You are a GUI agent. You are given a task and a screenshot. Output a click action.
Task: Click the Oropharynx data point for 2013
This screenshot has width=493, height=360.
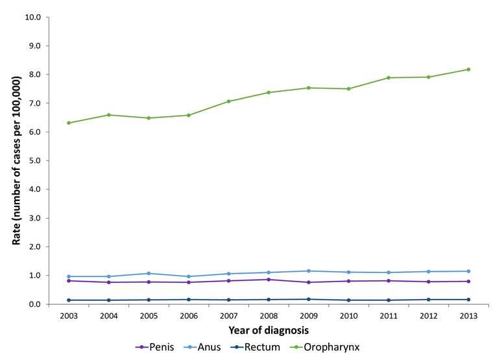tap(468, 69)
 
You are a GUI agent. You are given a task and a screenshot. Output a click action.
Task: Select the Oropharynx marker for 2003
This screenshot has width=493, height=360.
tap(69, 123)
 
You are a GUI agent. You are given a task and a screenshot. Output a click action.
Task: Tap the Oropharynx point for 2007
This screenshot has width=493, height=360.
tap(228, 101)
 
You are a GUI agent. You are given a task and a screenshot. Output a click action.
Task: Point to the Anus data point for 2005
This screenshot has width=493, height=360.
tap(149, 273)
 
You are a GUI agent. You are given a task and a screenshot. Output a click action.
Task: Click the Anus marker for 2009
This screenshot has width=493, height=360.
tap(309, 270)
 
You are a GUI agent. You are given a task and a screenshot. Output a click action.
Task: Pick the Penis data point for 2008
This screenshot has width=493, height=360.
tap(269, 280)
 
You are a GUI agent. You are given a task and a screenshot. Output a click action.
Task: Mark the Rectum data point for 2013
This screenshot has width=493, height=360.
tap(468, 299)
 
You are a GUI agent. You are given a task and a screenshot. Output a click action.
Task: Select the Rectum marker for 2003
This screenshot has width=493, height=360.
tap(69, 300)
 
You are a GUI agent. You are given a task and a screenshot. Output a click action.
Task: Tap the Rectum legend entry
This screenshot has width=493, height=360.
tap(260, 347)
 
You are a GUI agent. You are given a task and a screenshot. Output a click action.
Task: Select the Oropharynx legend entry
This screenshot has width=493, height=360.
tap(324, 347)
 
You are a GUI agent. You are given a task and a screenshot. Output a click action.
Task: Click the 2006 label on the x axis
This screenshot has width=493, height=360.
tap(188, 315)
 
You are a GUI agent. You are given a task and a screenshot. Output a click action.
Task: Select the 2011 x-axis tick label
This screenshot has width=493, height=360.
tap(389, 315)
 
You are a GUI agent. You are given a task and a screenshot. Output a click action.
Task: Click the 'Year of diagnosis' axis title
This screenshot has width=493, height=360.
tap(269, 330)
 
